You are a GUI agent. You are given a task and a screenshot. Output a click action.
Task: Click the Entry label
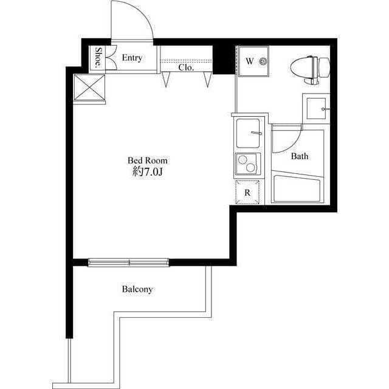[x=132, y=58]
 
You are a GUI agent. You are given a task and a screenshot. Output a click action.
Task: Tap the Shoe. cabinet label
[x=98, y=57]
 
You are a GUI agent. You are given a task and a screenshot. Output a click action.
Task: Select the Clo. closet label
[x=186, y=67]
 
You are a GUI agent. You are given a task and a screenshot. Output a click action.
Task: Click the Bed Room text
[x=148, y=160]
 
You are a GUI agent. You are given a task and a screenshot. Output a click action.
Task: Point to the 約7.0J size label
[x=148, y=171]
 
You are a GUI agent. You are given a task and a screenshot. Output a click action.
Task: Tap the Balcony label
[x=137, y=289]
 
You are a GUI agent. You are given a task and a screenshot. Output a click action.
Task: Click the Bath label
[x=300, y=156]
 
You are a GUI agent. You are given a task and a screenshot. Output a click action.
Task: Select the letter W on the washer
[x=250, y=61]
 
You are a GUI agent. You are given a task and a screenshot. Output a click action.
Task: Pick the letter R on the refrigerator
[x=247, y=193]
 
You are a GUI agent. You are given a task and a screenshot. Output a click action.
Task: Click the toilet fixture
[x=310, y=68]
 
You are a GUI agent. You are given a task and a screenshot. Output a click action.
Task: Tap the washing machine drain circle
[x=263, y=61]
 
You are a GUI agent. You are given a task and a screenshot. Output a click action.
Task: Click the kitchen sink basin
[x=248, y=133]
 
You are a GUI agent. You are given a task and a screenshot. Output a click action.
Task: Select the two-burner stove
[x=247, y=164]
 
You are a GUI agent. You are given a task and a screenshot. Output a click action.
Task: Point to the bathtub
[x=297, y=188]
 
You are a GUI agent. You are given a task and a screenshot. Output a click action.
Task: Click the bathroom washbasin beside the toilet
[x=317, y=108]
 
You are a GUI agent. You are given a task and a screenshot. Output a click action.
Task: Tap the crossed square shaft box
[x=89, y=88]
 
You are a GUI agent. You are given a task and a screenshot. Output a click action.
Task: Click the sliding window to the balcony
[x=129, y=263]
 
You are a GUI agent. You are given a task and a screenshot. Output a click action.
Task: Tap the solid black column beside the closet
[x=224, y=60]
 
